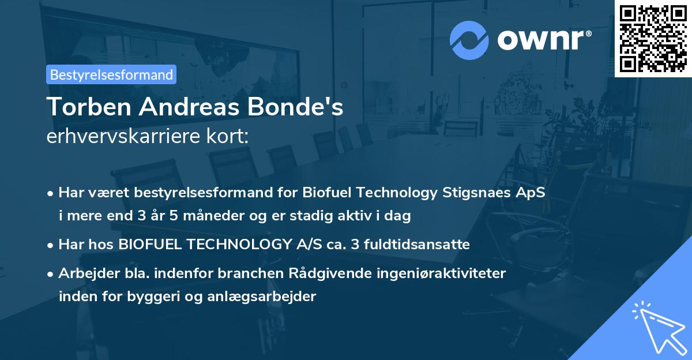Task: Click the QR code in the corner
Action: (653, 38)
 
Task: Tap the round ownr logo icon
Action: (469, 40)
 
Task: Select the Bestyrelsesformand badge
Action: (111, 74)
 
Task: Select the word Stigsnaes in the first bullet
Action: (475, 193)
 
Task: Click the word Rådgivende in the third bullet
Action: (302, 273)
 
